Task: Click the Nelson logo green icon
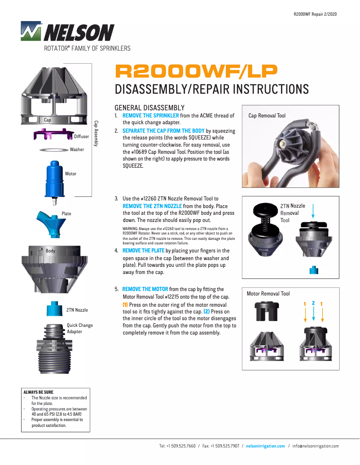(x=31, y=31)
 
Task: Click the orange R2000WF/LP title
(x=196, y=70)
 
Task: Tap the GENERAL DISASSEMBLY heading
(x=149, y=108)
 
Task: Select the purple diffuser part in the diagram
(x=53, y=134)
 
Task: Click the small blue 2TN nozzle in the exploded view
(x=54, y=309)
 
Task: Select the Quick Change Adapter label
(x=79, y=328)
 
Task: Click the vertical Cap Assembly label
(x=96, y=133)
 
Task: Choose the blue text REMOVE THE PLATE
(x=143, y=251)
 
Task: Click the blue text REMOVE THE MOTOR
(x=145, y=289)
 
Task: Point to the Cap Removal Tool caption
(x=267, y=116)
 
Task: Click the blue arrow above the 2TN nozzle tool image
(x=313, y=211)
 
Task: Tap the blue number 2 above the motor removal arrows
(x=313, y=303)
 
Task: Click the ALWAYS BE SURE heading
(x=38, y=392)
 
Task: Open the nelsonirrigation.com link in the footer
(x=265, y=446)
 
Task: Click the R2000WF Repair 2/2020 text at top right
(x=315, y=14)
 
